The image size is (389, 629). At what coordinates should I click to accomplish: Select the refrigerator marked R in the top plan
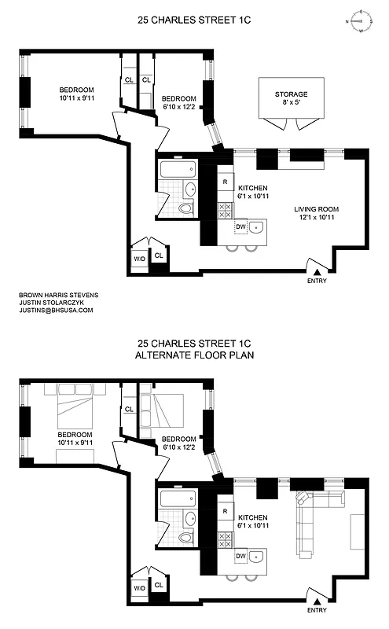point(226,183)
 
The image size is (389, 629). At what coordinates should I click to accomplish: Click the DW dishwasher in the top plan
point(240,227)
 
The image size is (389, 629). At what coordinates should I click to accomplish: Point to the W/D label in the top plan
point(139,256)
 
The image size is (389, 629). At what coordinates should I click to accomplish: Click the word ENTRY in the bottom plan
point(316,609)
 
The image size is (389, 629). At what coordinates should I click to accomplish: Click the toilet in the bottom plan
point(185,539)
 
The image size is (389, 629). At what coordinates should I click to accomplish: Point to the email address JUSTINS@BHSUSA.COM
point(55,311)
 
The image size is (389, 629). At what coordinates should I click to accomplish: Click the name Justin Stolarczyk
point(48,303)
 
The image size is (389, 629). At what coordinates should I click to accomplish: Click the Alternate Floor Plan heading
point(194,355)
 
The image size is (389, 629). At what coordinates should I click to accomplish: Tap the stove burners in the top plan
point(226,210)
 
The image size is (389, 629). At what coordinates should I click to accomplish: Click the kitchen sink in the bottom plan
point(261,556)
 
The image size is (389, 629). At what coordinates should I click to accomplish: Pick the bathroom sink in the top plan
point(191,189)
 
